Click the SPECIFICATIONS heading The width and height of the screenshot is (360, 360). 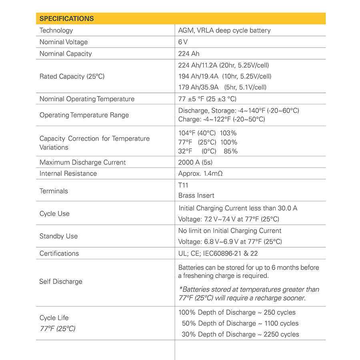click(x=66, y=19)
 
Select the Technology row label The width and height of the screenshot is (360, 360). click(x=56, y=30)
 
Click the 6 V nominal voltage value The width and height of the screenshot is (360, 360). click(x=183, y=42)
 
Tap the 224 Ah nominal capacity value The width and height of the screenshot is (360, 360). click(x=189, y=54)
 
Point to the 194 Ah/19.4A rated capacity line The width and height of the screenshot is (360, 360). click(x=224, y=76)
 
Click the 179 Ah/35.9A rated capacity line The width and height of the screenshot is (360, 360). click(x=222, y=87)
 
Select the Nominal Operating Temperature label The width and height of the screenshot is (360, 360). click(x=87, y=99)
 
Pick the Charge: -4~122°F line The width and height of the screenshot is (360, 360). click(x=221, y=119)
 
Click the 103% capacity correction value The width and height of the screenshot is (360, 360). click(x=228, y=133)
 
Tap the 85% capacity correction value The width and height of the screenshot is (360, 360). click(x=231, y=151)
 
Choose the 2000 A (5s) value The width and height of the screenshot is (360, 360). click(x=195, y=162)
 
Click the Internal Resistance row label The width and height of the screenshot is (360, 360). click(x=68, y=174)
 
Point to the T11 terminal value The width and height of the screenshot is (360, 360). click(x=183, y=185)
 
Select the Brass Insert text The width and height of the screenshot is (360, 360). click(x=196, y=196)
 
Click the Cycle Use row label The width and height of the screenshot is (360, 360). click(x=54, y=214)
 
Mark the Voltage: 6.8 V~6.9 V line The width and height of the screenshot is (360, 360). click(x=230, y=242)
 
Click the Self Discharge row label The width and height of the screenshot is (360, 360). click(x=61, y=282)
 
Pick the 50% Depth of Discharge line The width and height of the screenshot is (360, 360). click(x=240, y=323)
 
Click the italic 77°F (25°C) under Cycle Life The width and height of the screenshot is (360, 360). click(x=57, y=329)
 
